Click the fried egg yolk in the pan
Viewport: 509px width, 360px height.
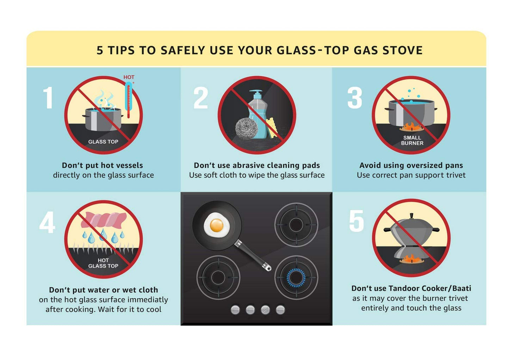[216, 225]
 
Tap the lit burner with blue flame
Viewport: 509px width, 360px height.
[296, 277]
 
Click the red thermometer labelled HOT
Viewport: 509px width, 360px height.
[129, 100]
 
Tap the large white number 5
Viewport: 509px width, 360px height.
[356, 221]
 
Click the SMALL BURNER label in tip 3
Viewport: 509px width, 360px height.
[412, 140]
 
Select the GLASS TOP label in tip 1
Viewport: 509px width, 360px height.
[103, 142]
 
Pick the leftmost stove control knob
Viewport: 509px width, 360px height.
[235, 310]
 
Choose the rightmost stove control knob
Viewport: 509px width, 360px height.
[280, 310]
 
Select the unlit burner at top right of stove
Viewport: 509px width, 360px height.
[296, 224]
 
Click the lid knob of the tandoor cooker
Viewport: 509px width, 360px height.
[411, 215]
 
